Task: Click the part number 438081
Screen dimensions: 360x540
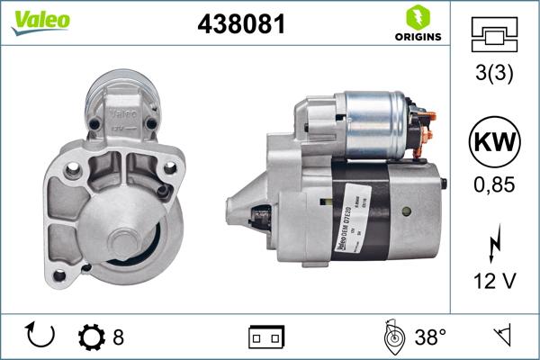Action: pos(240,24)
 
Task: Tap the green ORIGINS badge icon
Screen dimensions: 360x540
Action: pos(416,18)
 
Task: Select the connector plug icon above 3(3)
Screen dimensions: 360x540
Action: pos(494,34)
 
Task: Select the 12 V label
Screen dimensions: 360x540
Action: pos(494,282)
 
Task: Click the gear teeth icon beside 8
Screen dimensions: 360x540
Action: pos(92,337)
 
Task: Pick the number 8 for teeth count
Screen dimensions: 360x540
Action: pos(119,337)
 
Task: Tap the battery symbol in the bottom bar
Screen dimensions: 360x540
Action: pos(265,337)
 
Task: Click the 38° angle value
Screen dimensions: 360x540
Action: pos(430,337)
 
